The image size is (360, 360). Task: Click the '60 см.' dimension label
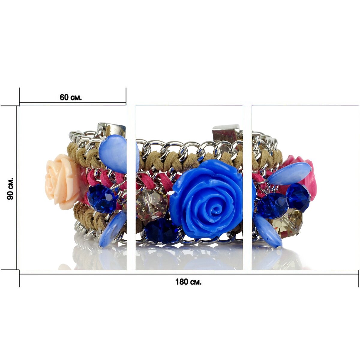[70, 97]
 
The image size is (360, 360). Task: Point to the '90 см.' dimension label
[10, 188]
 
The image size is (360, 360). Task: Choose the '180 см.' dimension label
[188, 282]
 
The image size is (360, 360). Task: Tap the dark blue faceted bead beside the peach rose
[102, 198]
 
